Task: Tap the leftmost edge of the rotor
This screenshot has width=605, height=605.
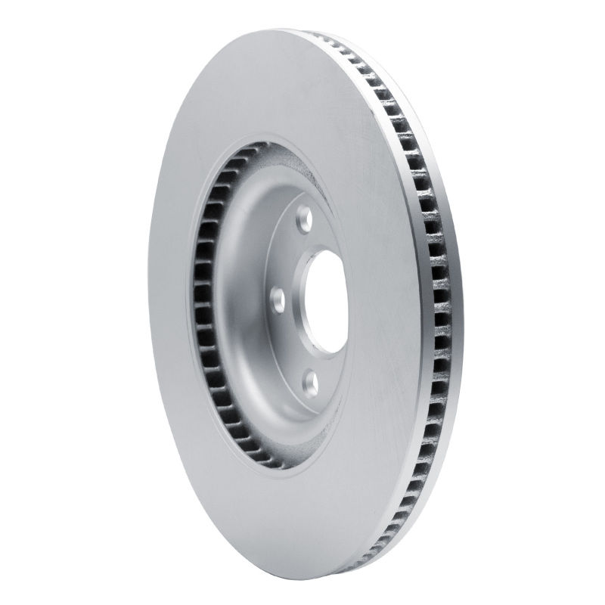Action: (x=136, y=302)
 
